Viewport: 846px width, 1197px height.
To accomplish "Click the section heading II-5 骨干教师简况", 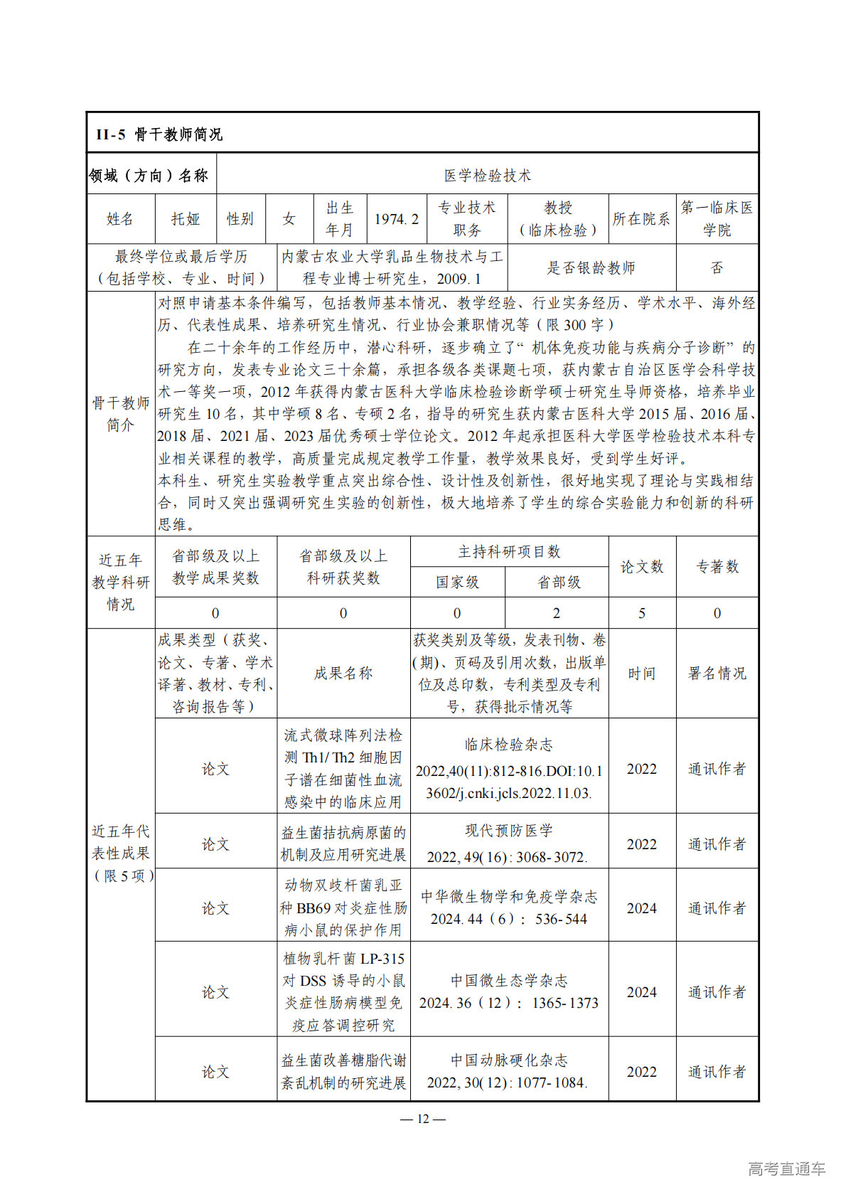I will [x=159, y=134].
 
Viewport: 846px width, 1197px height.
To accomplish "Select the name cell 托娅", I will [x=186, y=219].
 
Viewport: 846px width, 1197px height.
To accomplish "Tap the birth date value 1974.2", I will [x=396, y=219].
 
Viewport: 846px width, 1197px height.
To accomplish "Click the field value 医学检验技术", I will [x=487, y=175].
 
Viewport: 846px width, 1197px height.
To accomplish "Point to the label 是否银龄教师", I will [x=590, y=267].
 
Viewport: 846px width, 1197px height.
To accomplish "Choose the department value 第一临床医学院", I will [x=717, y=218].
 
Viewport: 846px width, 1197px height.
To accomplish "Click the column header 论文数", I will [x=641, y=566].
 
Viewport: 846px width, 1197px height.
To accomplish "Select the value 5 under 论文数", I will [x=641, y=613].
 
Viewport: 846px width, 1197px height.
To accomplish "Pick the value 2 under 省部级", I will [x=556, y=613].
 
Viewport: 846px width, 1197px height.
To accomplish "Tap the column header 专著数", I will [x=717, y=566].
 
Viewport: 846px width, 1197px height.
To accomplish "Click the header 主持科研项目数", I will [x=509, y=551].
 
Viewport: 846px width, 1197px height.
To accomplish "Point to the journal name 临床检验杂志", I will [x=508, y=745].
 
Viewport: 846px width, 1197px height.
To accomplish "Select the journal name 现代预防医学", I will [x=508, y=830].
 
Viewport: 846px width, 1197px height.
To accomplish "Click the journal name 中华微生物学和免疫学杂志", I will [x=508, y=896].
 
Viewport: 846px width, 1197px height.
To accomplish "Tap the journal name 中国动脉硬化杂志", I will [x=508, y=1060].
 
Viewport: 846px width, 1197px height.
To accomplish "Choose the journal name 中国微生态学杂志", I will [x=508, y=981].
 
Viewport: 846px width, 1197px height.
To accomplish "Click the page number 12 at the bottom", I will [x=423, y=1119].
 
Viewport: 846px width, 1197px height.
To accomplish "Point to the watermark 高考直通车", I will [x=786, y=1169].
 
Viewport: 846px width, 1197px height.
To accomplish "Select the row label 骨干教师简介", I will [x=121, y=414].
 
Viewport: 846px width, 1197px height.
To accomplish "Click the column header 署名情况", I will [x=717, y=673].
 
